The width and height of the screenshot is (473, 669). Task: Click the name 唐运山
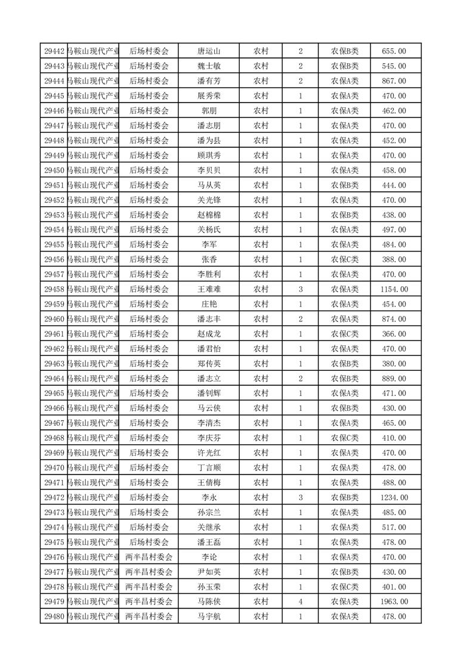click(209, 51)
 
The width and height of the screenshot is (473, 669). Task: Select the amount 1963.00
click(394, 602)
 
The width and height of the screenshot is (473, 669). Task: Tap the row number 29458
click(54, 289)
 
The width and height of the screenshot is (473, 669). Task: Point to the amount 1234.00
click(394, 497)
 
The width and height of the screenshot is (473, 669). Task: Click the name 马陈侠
click(209, 602)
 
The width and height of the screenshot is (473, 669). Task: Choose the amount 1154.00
click(394, 289)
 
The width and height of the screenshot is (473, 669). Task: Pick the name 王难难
click(209, 289)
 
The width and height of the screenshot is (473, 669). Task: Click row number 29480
click(54, 617)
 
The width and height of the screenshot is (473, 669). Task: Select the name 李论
click(209, 557)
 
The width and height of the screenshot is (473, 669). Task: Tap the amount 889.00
click(394, 379)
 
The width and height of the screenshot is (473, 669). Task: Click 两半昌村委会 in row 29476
click(149, 557)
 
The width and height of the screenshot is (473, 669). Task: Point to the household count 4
click(300, 602)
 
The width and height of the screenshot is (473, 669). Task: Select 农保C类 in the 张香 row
click(345, 259)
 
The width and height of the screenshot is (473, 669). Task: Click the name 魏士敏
click(209, 66)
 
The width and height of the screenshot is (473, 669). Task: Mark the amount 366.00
click(394, 334)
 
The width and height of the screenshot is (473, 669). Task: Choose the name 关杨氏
click(209, 230)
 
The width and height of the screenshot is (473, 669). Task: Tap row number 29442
click(54, 51)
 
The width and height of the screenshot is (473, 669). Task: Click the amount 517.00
click(394, 527)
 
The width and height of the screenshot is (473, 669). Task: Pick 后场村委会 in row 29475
click(149, 542)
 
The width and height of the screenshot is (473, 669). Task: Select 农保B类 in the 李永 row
click(345, 497)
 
